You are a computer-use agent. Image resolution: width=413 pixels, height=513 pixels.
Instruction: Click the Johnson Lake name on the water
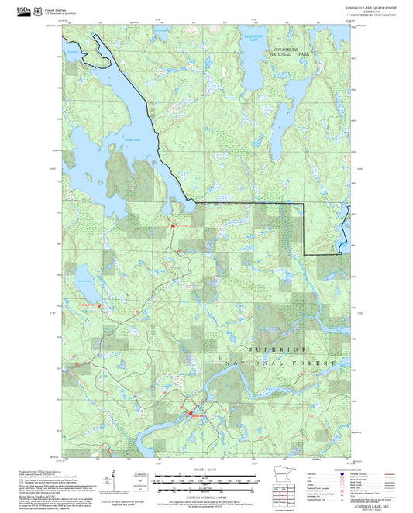(133, 139)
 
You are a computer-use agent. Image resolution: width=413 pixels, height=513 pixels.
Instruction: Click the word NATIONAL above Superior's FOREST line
(251, 363)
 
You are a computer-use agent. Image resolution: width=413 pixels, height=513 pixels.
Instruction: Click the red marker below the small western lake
(98, 305)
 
